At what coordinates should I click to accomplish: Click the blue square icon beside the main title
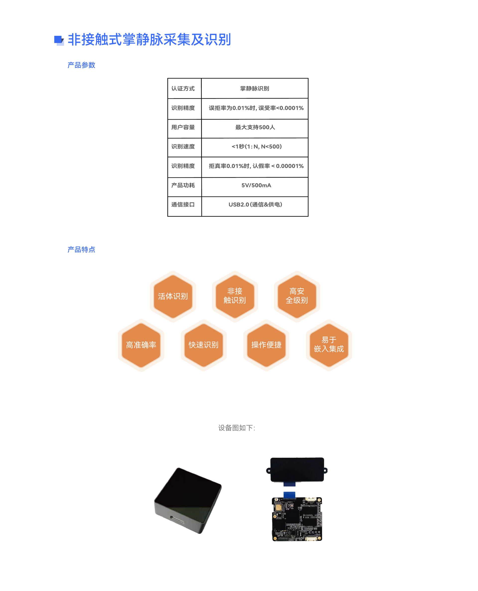click(x=59, y=40)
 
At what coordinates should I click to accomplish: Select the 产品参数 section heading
click(x=81, y=65)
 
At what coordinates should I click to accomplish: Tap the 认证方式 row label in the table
click(x=183, y=89)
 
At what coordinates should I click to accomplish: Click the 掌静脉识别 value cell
click(x=254, y=89)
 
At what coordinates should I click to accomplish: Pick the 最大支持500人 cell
click(x=255, y=127)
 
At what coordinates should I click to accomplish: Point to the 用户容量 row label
click(x=183, y=127)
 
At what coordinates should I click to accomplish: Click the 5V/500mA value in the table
click(x=256, y=185)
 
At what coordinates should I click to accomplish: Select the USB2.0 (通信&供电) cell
click(x=255, y=205)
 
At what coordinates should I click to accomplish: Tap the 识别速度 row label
click(x=183, y=147)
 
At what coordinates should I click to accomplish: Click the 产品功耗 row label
click(x=183, y=185)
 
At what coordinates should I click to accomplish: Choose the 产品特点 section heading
click(x=81, y=250)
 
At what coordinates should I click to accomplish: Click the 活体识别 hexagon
click(x=173, y=296)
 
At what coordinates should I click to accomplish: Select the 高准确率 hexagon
click(x=141, y=345)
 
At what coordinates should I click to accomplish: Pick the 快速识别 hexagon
click(x=203, y=345)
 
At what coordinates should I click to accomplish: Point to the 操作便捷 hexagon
click(x=266, y=345)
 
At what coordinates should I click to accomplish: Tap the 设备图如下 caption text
click(x=237, y=428)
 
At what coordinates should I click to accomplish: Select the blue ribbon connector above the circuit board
click(x=289, y=495)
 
